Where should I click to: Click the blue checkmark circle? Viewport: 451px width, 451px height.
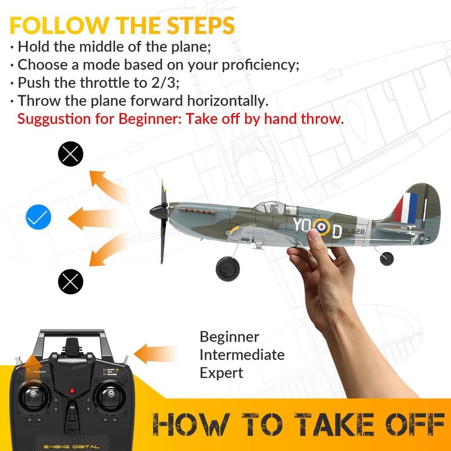38,217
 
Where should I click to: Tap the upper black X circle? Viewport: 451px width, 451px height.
70,154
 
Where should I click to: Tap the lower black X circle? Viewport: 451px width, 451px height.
70,281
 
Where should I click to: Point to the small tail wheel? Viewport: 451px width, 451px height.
387,258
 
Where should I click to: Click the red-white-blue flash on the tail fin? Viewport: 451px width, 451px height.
406,207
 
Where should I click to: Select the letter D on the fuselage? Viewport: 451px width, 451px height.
337,231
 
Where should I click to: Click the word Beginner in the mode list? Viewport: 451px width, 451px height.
229,337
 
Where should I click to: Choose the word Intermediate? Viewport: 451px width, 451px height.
242,355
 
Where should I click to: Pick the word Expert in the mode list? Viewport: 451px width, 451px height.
222,373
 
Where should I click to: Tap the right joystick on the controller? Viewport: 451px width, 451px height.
109,396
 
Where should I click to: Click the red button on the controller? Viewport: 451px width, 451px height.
72,391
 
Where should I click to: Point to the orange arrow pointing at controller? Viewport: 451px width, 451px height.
156,353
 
